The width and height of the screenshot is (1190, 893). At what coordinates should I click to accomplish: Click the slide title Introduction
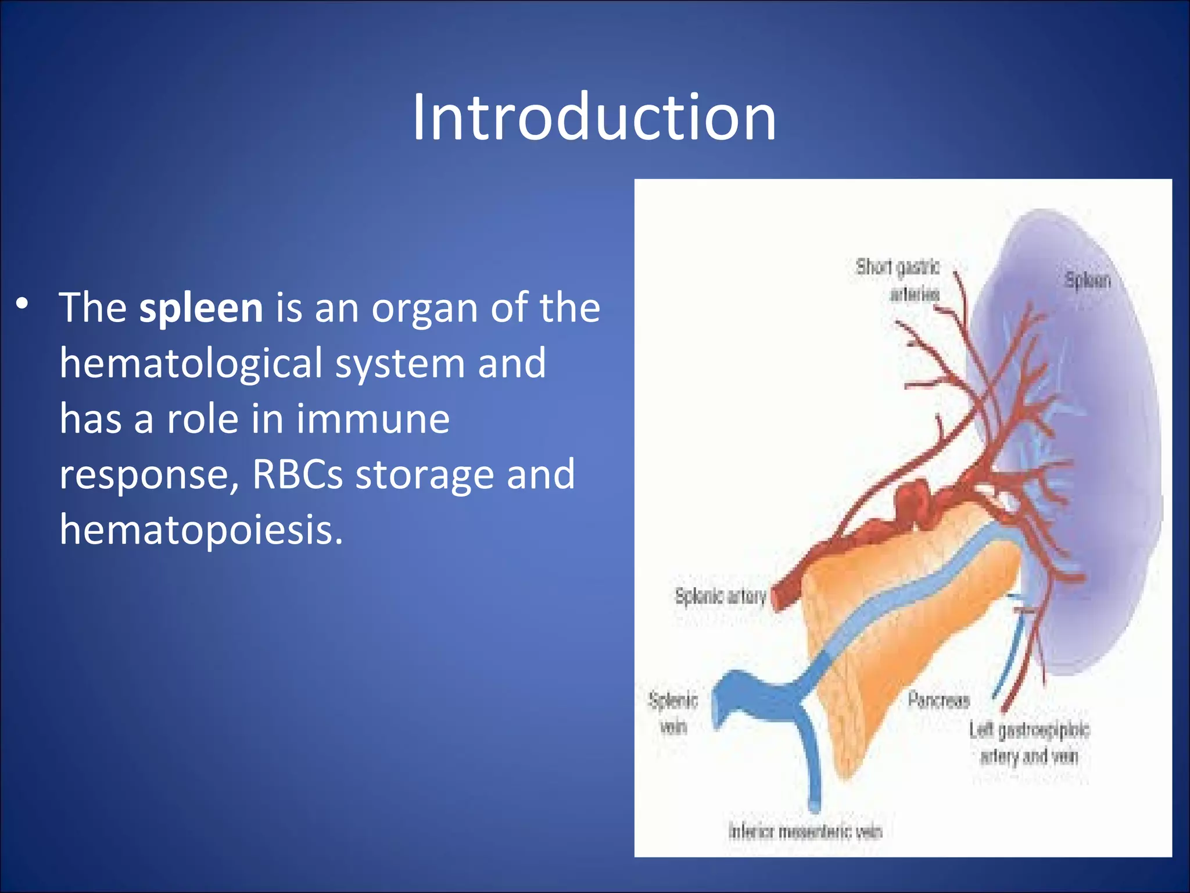coord(594,118)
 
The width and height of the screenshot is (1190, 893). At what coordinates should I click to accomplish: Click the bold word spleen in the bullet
coord(201,308)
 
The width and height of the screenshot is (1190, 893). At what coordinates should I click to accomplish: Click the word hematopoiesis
coord(201,531)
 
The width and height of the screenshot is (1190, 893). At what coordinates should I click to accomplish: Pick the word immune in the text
coord(373,419)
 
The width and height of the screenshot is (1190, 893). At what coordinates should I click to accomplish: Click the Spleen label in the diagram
coord(1087,281)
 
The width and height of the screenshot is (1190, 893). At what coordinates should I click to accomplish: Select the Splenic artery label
coord(720,596)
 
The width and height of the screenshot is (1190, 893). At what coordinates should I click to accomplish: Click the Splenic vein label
coord(673,713)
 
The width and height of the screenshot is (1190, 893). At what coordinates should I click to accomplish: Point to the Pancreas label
coord(938,700)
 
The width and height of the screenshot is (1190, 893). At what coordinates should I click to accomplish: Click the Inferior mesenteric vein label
coord(805,831)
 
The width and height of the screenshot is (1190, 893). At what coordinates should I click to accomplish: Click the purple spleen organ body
coord(1104,465)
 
